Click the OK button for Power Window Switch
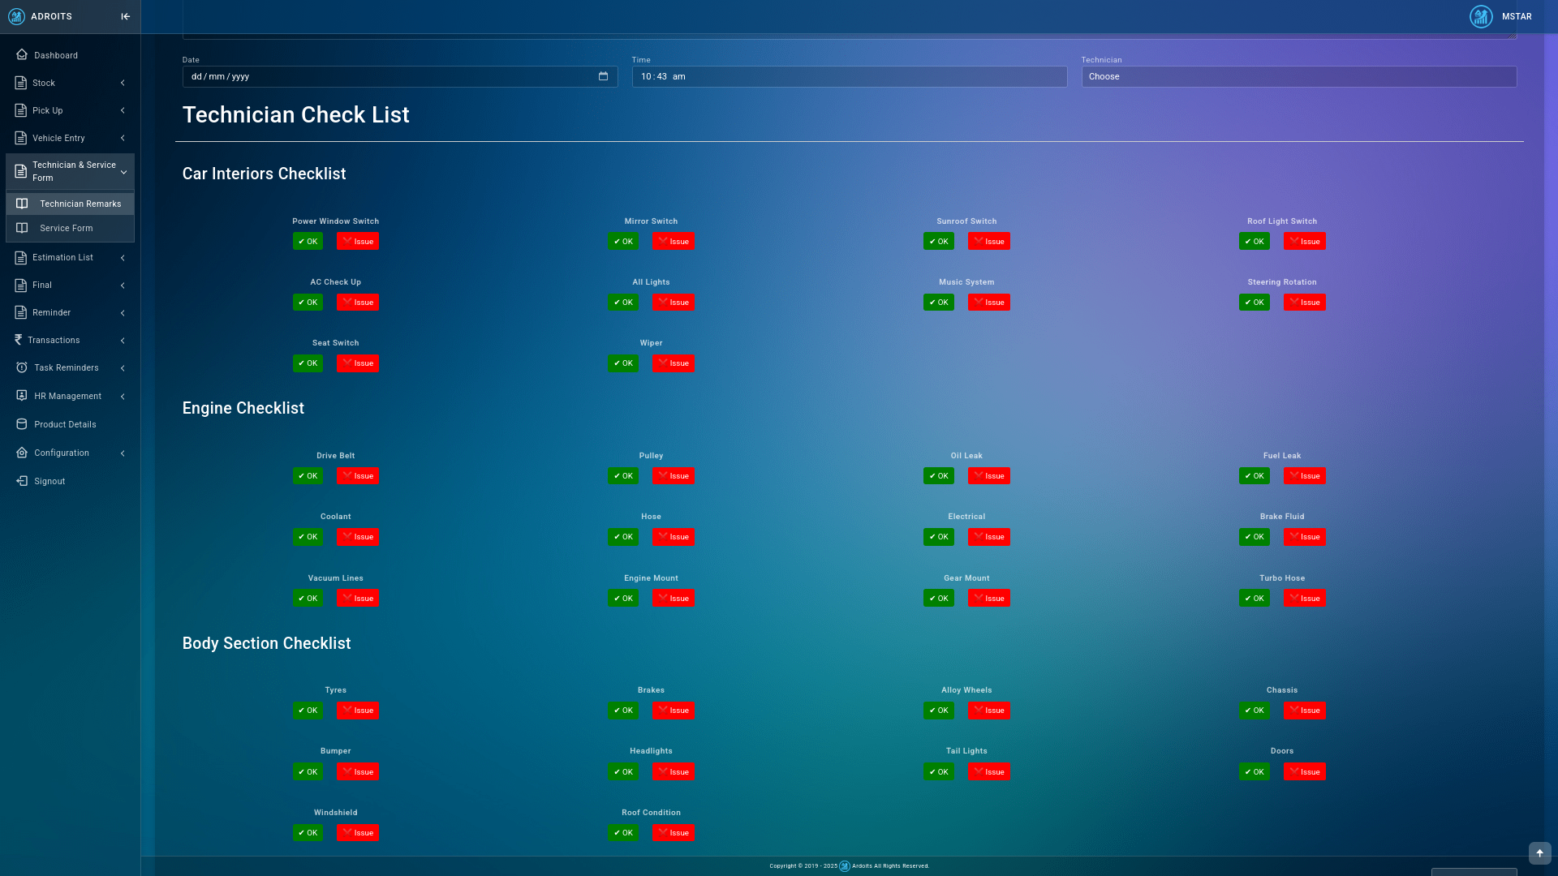click(308, 242)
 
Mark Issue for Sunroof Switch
click(988, 242)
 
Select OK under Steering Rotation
click(1254, 303)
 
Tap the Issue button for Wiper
click(673, 363)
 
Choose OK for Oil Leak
click(938, 476)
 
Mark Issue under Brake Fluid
click(1304, 537)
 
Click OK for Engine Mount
click(623, 599)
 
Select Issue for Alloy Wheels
click(988, 711)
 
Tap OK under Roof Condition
click(623, 833)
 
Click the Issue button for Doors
click(1304, 772)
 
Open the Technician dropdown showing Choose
click(1298, 76)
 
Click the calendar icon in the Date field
click(603, 76)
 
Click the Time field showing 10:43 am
click(849, 76)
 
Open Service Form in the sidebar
click(67, 228)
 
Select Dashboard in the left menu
click(56, 55)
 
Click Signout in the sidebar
click(49, 481)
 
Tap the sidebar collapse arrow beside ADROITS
click(125, 16)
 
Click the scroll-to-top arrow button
click(1539, 852)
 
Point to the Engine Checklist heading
click(243, 408)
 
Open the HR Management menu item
click(68, 396)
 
